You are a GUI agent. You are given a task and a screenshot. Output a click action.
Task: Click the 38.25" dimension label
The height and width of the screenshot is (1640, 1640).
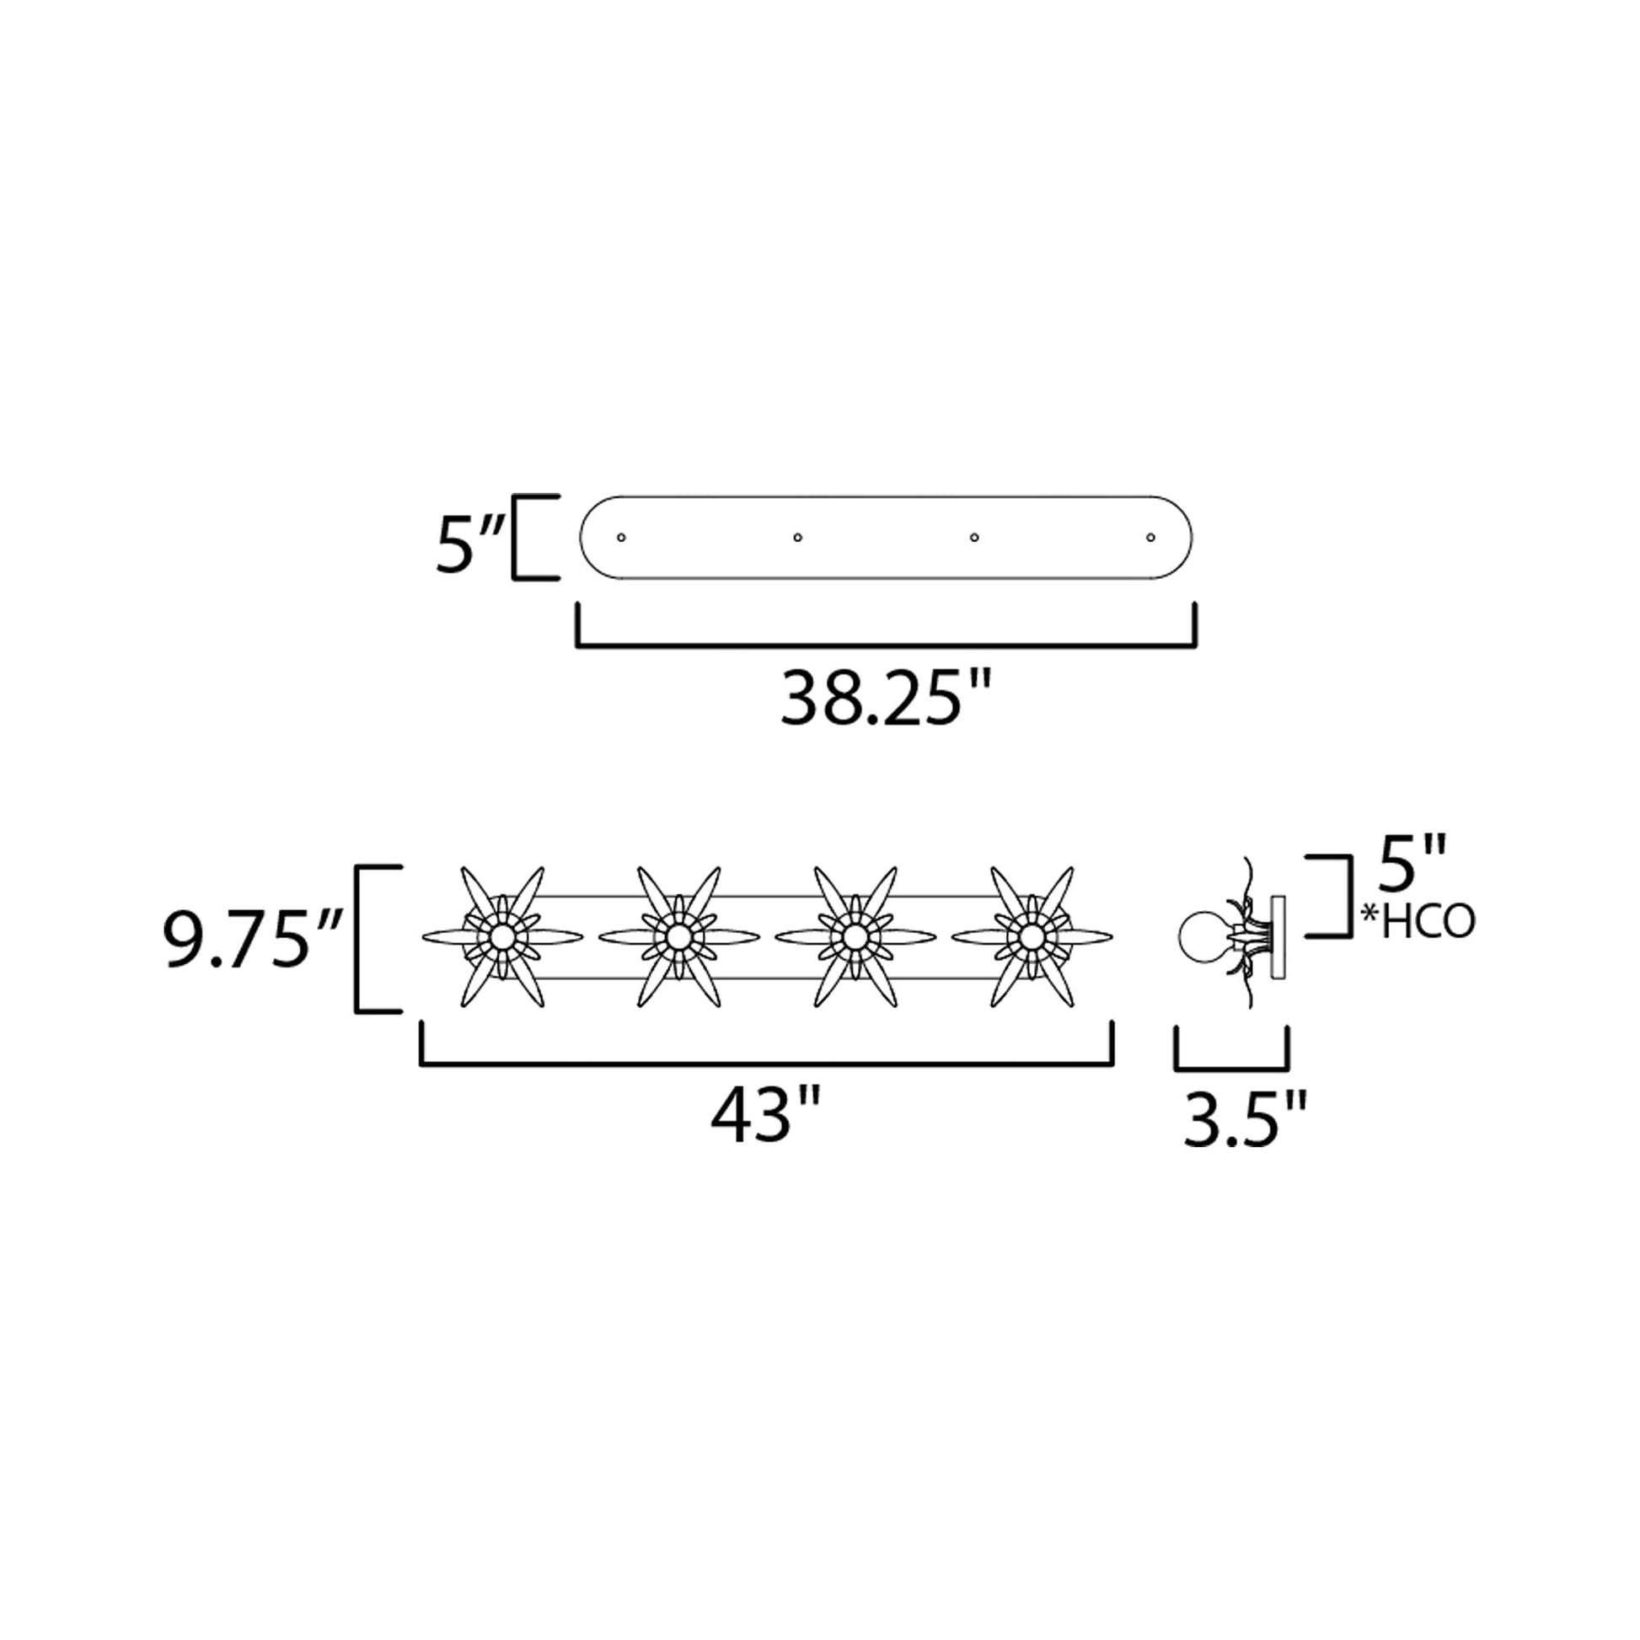(886, 700)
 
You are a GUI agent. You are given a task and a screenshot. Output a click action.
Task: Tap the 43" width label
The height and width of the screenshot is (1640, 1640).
(765, 1119)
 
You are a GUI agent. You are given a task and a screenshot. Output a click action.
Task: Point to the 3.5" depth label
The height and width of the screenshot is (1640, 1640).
(1246, 1122)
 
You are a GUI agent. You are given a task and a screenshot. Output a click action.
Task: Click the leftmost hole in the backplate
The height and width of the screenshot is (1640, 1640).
(621, 538)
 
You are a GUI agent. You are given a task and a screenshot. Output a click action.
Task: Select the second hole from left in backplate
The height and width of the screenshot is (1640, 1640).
(798, 538)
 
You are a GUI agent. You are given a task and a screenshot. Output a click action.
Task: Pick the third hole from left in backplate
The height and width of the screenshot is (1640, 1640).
(974, 538)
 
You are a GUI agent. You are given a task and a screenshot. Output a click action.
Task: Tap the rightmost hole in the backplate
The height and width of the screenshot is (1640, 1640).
(1151, 538)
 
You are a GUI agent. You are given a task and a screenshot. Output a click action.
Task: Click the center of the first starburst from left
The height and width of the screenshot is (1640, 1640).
(501, 937)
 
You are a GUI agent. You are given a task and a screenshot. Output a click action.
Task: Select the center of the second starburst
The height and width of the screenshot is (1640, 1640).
(678, 937)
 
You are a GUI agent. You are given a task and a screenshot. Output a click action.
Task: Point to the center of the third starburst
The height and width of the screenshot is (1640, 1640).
(855, 937)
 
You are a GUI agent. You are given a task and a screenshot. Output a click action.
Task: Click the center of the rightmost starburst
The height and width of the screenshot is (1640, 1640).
(1032, 937)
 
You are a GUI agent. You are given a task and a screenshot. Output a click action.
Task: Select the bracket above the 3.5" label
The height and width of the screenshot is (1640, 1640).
(1232, 1065)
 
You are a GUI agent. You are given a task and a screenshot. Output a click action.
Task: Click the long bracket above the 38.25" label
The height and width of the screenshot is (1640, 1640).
(887, 646)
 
